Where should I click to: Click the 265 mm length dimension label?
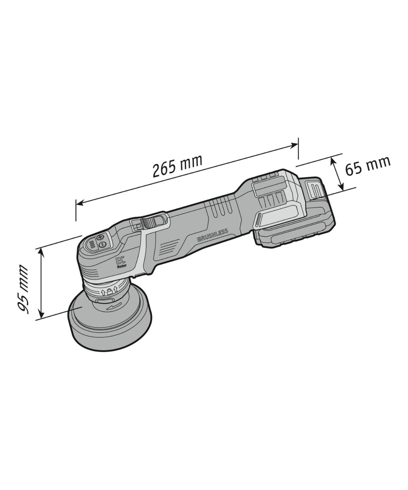click(177, 165)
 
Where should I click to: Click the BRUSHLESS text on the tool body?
click(213, 235)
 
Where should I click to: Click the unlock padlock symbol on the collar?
click(109, 292)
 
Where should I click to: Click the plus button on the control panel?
click(101, 237)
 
